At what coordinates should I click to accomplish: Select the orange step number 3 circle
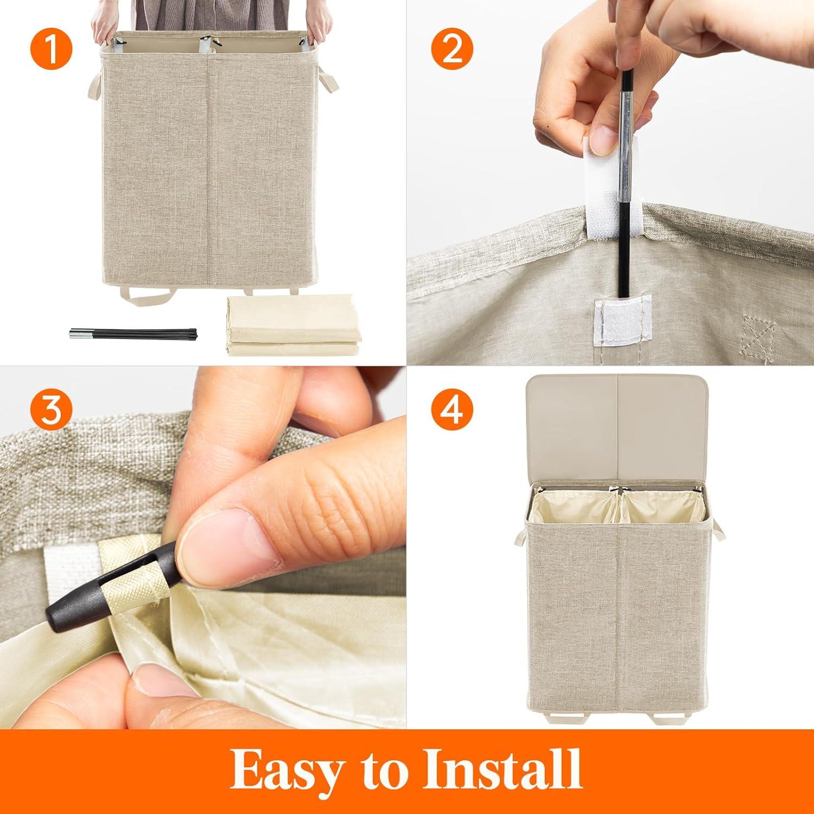click(50, 411)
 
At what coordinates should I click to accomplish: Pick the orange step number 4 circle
click(453, 411)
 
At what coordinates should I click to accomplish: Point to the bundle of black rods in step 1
click(103, 333)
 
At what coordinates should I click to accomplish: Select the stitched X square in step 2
click(758, 332)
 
